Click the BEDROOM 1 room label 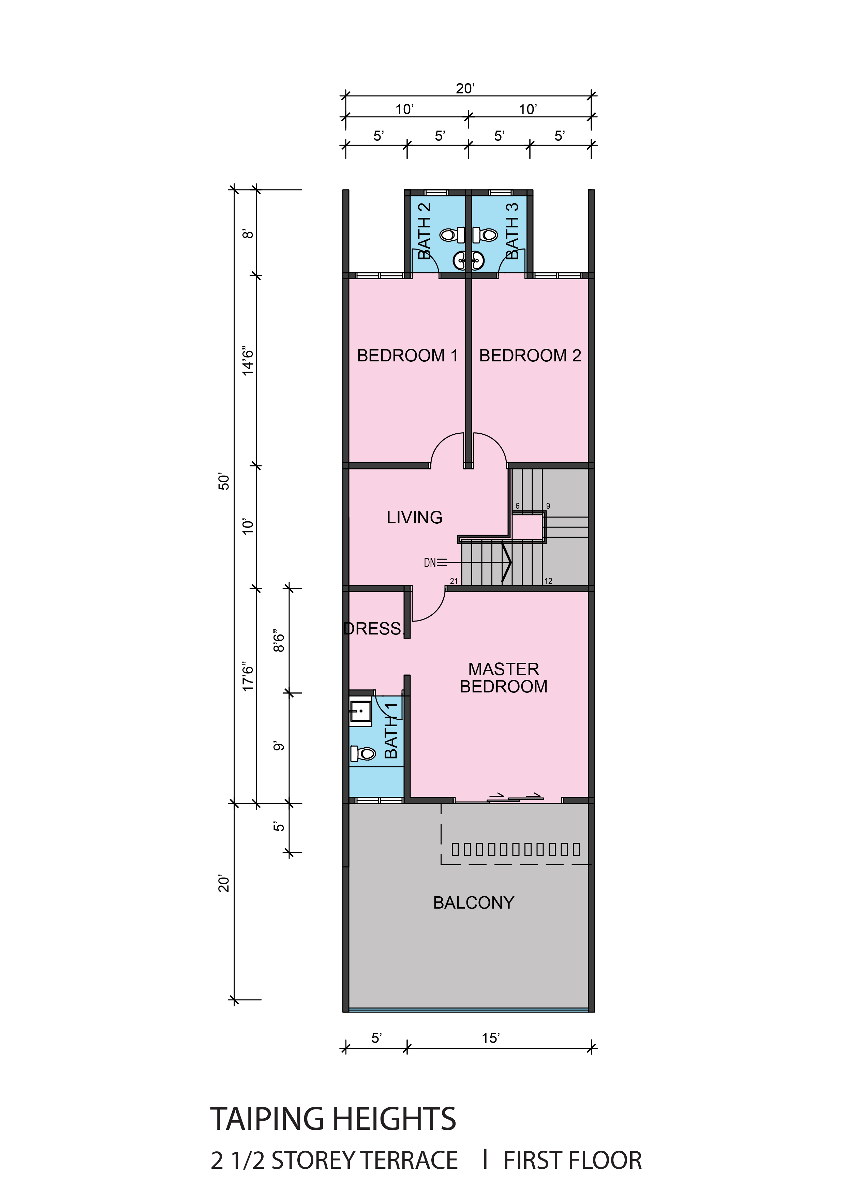coord(407,356)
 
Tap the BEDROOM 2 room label coord(530,356)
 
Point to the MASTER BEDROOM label coord(504,678)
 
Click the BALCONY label coord(474,903)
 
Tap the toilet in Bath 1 coord(363,753)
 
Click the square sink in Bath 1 coord(360,711)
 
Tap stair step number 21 coord(454,581)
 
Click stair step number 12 coord(549,581)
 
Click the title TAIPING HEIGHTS coord(333,1119)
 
